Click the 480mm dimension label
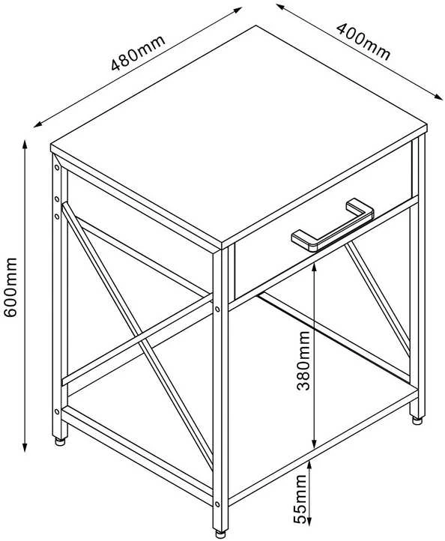138,52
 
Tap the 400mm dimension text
364,41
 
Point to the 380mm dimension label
303,360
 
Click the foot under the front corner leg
220,533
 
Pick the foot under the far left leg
60,441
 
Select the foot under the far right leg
417,420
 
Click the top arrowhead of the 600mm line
25,143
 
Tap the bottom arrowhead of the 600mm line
25,447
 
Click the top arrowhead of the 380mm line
314,266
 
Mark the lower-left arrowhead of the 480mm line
38,124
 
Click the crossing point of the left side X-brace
142,336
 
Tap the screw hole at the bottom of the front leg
217,504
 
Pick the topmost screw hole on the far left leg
57,168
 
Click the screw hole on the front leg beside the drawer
217,309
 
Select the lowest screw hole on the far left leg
57,411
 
